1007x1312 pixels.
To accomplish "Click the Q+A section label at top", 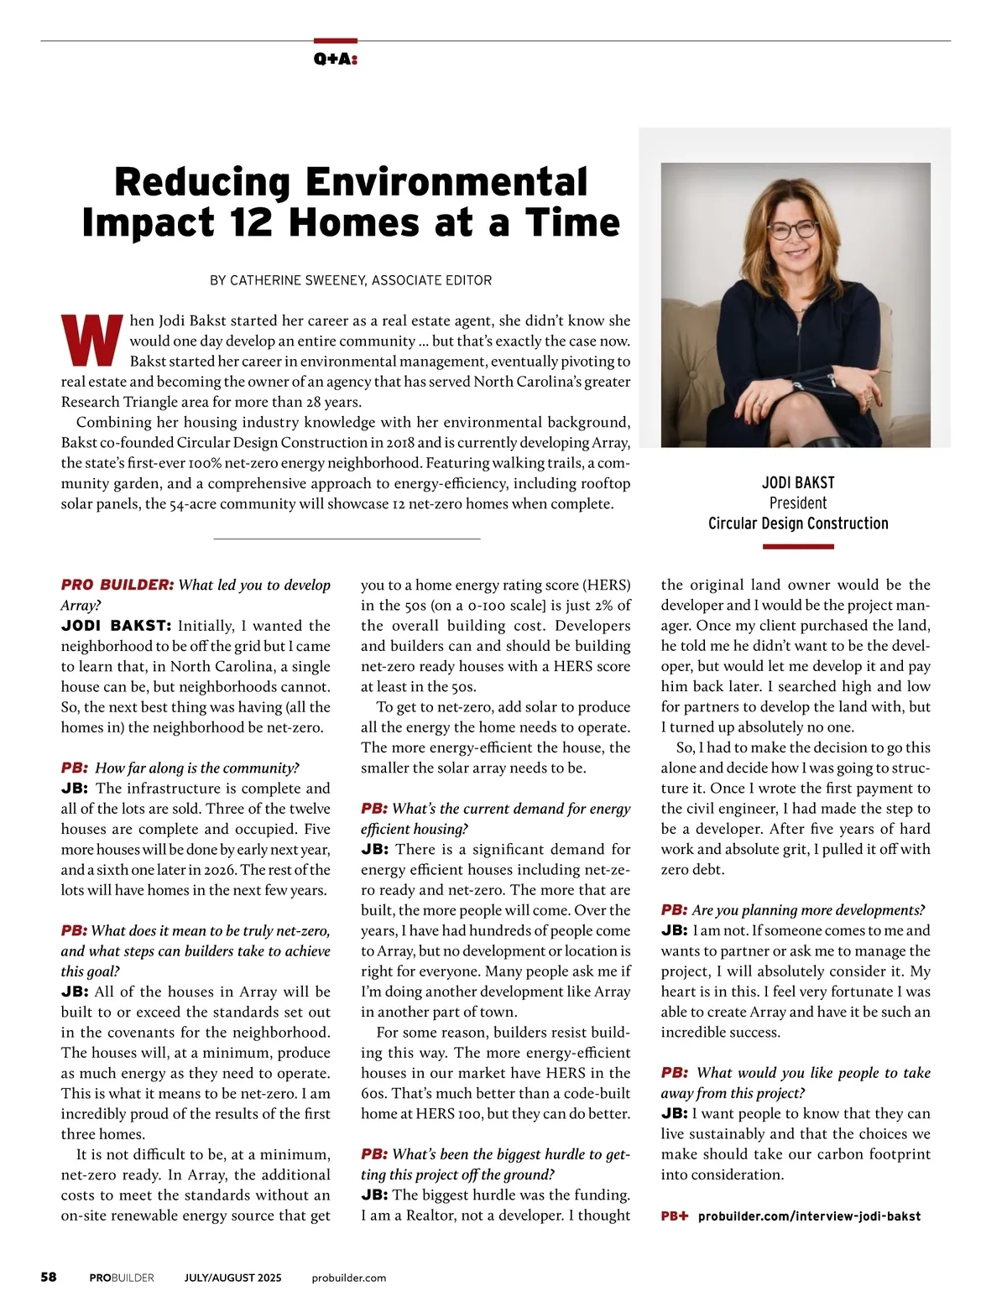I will click(x=336, y=59).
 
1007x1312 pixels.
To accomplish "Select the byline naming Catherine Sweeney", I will click(x=351, y=280).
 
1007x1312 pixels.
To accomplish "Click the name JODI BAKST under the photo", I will click(x=798, y=482).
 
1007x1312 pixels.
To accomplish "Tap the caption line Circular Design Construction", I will click(x=798, y=523).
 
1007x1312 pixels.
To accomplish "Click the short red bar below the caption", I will click(x=798, y=546).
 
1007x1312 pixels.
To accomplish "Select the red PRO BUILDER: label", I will click(x=117, y=585).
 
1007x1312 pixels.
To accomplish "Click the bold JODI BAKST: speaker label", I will click(x=116, y=626).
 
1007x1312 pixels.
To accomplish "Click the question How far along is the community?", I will click(x=197, y=768).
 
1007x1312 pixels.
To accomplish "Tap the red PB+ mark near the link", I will click(x=674, y=1216).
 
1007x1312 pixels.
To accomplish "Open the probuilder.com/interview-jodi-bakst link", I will click(x=809, y=1216).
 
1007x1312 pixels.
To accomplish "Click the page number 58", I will click(x=49, y=1277).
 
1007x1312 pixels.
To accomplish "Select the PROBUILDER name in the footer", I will click(x=122, y=1278).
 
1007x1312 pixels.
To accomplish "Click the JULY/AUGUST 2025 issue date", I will click(x=233, y=1278).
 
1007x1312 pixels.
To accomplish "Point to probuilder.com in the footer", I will click(x=348, y=1278).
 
